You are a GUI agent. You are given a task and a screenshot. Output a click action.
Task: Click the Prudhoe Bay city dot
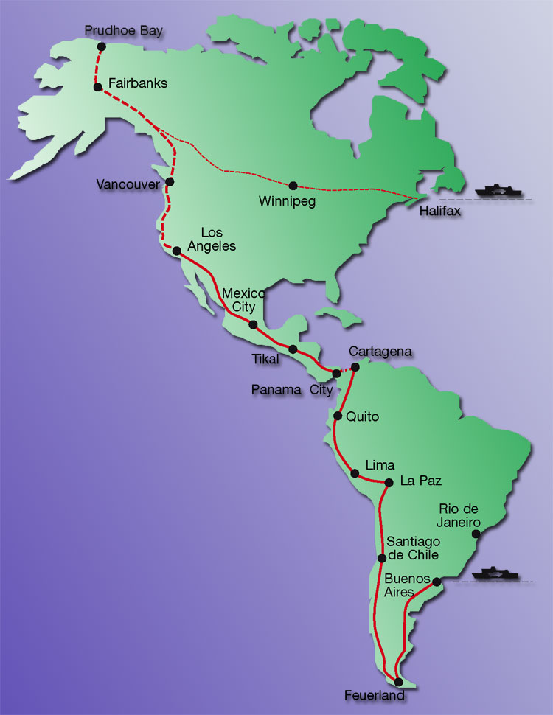[101, 46]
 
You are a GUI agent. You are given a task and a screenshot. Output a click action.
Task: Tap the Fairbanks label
[138, 83]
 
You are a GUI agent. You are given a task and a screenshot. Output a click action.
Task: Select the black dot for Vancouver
[170, 181]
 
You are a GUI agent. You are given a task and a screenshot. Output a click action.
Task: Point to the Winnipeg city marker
[293, 186]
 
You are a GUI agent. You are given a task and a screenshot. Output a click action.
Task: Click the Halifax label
[439, 211]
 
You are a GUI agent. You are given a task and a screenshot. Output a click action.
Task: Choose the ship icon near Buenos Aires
[495, 573]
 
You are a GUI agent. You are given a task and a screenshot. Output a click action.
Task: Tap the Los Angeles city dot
[176, 251]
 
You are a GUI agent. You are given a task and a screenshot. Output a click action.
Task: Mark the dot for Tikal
[293, 349]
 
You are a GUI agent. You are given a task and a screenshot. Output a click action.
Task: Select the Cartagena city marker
[355, 366]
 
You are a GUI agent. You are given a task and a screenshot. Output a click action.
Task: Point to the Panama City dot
[337, 373]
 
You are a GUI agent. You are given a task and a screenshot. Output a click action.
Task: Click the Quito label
[362, 416]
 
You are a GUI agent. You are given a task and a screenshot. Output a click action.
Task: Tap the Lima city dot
[355, 474]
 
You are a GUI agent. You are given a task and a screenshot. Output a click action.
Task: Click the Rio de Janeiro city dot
[476, 534]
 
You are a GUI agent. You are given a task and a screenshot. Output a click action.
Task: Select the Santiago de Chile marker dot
[381, 558]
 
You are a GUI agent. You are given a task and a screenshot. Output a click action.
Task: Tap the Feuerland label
[375, 695]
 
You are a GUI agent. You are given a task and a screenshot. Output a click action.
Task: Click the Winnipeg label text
[287, 201]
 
